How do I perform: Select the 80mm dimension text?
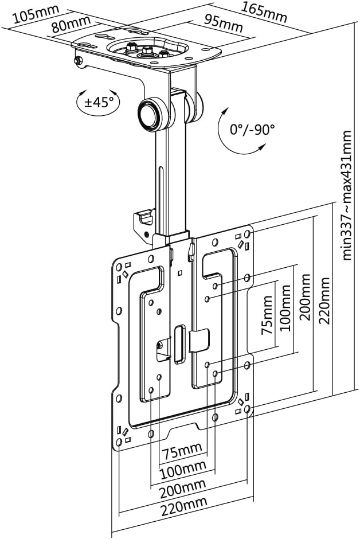click(x=71, y=26)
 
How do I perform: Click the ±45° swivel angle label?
click(x=99, y=103)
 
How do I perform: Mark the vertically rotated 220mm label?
click(x=326, y=301)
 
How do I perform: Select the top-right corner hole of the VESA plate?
click(x=247, y=234)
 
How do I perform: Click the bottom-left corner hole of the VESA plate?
click(x=119, y=442)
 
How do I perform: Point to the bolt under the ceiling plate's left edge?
click(x=79, y=60)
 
